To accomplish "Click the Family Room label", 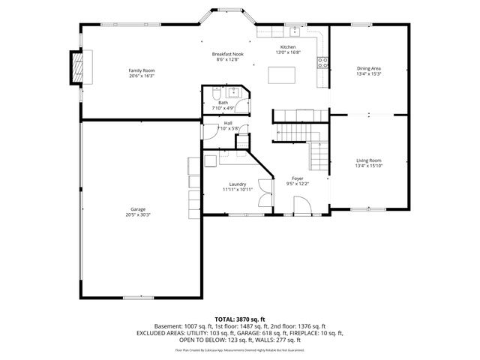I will [x=141, y=70].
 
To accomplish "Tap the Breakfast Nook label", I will [x=227, y=55].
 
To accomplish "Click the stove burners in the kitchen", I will [x=323, y=63].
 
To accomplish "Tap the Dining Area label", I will [x=368, y=68].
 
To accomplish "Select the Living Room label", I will [x=368, y=160].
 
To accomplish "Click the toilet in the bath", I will [x=214, y=96].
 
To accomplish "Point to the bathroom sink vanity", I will [x=232, y=94].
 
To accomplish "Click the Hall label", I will [x=227, y=123].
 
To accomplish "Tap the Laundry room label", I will [x=238, y=184].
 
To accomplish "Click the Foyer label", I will [x=298, y=178].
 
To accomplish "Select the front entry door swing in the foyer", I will [x=301, y=205].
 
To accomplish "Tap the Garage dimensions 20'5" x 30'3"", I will [x=138, y=214].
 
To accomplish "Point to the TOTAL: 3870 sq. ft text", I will [x=240, y=319].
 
